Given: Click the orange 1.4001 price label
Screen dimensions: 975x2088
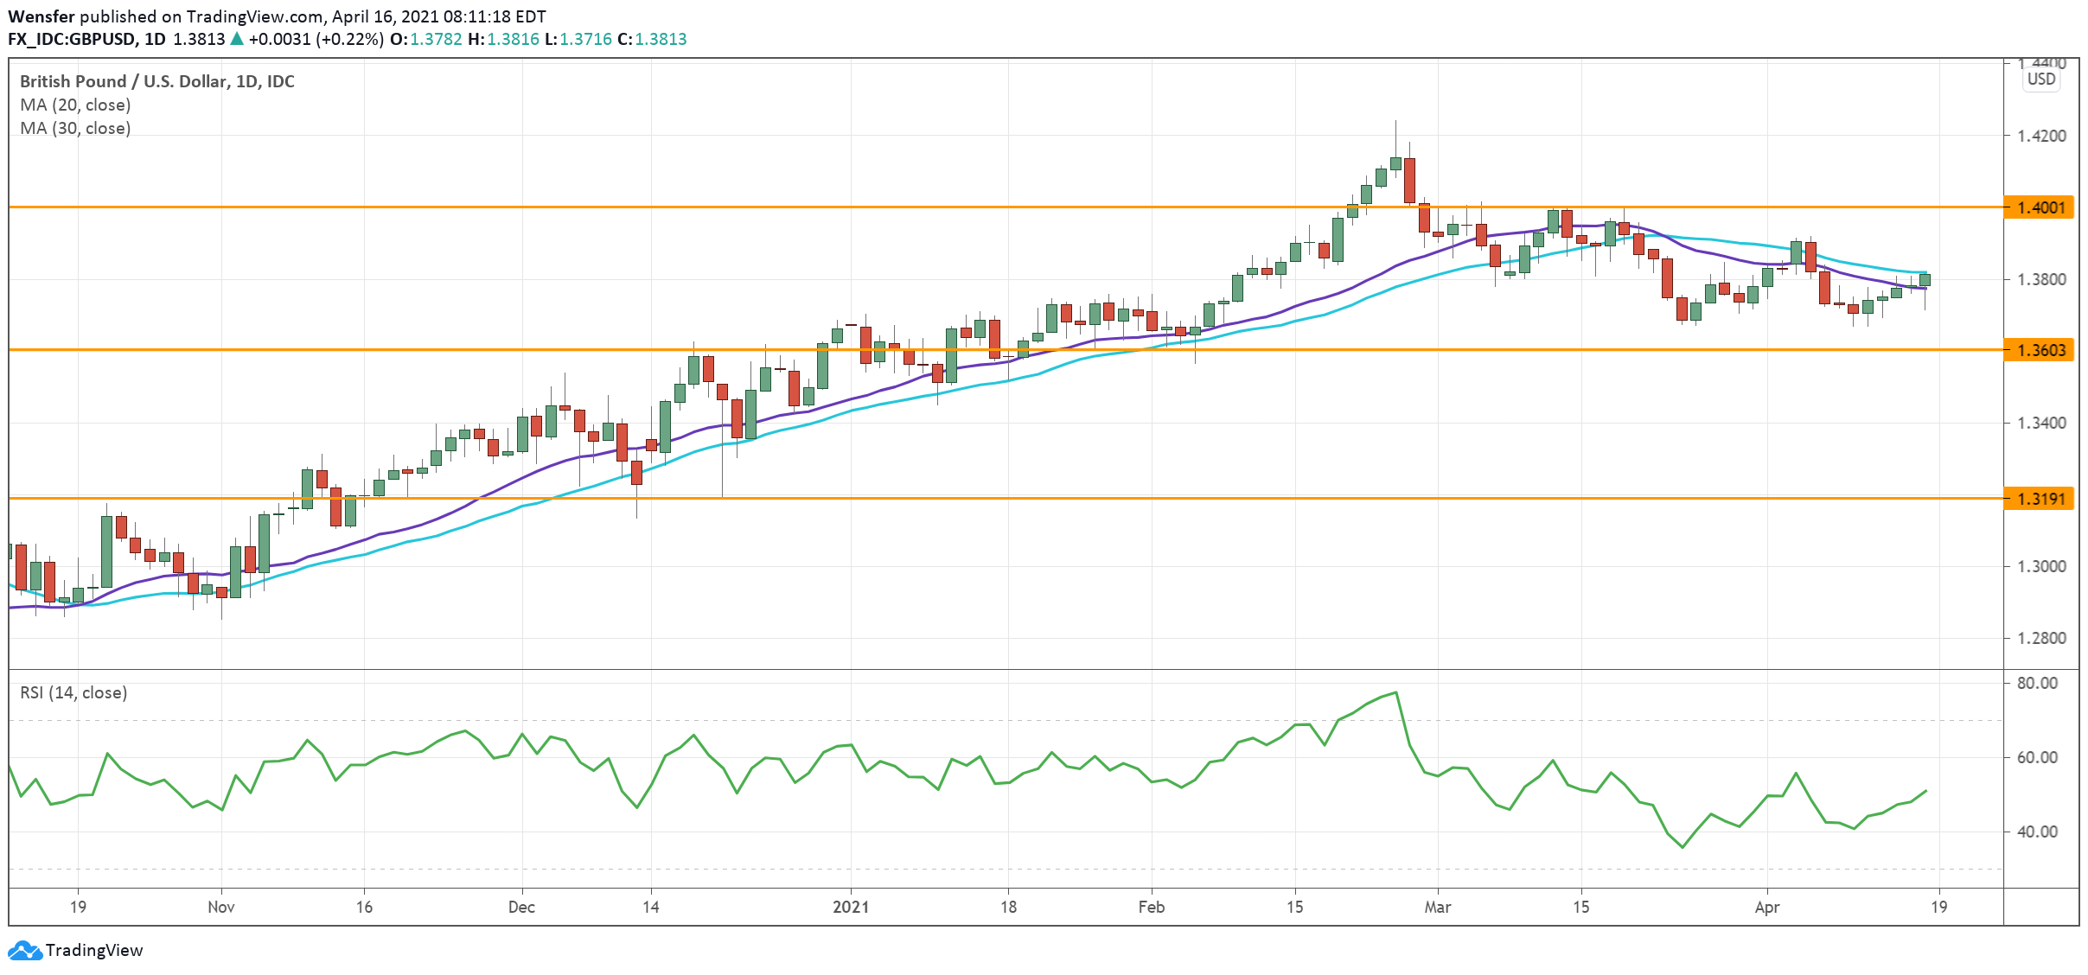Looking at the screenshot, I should pyautogui.click(x=2040, y=207).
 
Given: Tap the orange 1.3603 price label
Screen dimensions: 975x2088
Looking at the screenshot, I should pyautogui.click(x=2040, y=350).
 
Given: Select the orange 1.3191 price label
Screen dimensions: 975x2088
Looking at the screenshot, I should pyautogui.click(x=2040, y=499).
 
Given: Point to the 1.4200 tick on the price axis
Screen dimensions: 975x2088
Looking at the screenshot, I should pyautogui.click(x=2040, y=136).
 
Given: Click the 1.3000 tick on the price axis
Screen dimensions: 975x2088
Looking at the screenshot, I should pyautogui.click(x=2040, y=566).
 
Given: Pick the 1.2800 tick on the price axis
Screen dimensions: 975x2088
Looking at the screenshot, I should pyautogui.click(x=2040, y=638).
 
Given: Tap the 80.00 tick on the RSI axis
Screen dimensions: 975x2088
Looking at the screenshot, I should pyautogui.click(x=2037, y=683).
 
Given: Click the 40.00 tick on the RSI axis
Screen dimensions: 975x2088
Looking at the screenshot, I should pyautogui.click(x=2037, y=832).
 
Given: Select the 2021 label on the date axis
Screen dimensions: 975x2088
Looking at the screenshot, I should pyautogui.click(x=851, y=907).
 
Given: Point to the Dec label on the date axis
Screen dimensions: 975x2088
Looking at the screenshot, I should pyautogui.click(x=521, y=907).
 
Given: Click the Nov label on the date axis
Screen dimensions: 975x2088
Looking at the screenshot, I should pyautogui.click(x=221, y=907).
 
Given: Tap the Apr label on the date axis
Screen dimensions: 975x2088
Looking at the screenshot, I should pyautogui.click(x=1767, y=907).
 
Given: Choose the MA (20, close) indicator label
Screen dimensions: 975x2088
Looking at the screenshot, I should pyautogui.click(x=75, y=105).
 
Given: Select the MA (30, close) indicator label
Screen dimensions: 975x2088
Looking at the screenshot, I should pyautogui.click(x=75, y=128).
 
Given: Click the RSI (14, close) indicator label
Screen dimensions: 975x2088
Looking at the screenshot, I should pyautogui.click(x=73, y=692).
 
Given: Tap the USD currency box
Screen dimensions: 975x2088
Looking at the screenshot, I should pyautogui.click(x=2041, y=79).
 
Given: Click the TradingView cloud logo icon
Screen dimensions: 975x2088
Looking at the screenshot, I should pyautogui.click(x=24, y=950).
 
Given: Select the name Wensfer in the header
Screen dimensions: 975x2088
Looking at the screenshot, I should pyautogui.click(x=42, y=16).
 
